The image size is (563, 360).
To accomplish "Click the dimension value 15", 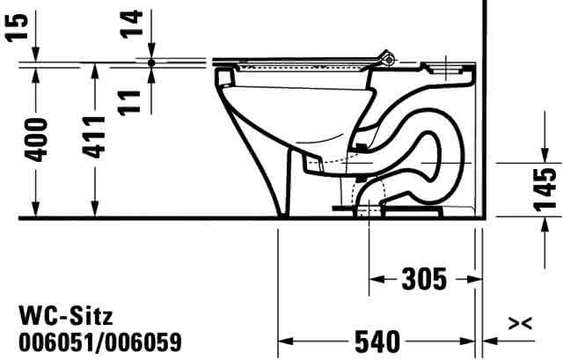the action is tap(18, 27).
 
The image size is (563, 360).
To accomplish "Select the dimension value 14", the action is tap(131, 24).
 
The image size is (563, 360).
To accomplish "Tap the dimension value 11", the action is tap(129, 103).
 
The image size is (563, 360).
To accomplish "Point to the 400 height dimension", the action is tap(35, 139).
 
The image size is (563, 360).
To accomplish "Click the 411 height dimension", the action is tap(94, 137).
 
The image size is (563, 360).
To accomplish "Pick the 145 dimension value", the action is tap(545, 189).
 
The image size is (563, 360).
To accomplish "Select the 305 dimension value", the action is tap(424, 279).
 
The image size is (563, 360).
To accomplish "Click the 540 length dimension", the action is tap(377, 342).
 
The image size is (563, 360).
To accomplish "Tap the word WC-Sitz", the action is tap(66, 316).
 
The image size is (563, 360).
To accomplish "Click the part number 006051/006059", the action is tap(100, 342).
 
